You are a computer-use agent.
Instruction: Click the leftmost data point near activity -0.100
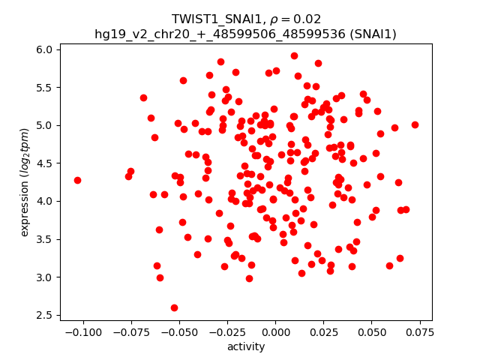pyautogui.click(x=77, y=180)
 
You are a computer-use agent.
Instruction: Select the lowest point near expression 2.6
pyautogui.click(x=174, y=307)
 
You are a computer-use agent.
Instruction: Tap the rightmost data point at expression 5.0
pyautogui.click(x=415, y=124)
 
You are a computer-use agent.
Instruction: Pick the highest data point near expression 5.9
pyautogui.click(x=294, y=55)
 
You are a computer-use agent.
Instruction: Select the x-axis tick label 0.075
pyautogui.click(x=420, y=332)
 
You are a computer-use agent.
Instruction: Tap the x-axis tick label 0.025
pyautogui.click(x=323, y=332)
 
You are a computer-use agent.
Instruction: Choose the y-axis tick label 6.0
pyautogui.click(x=45, y=49)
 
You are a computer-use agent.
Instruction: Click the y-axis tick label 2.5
pyautogui.click(x=45, y=315)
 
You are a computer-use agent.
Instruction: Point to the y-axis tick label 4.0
pyautogui.click(x=45, y=201)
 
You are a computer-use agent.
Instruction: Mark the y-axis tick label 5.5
pyautogui.click(x=45, y=87)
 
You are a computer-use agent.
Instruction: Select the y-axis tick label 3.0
pyautogui.click(x=45, y=277)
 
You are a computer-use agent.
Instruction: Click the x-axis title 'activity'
pyautogui.click(x=246, y=346)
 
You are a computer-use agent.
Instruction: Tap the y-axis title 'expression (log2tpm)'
pyautogui.click(x=25, y=181)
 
